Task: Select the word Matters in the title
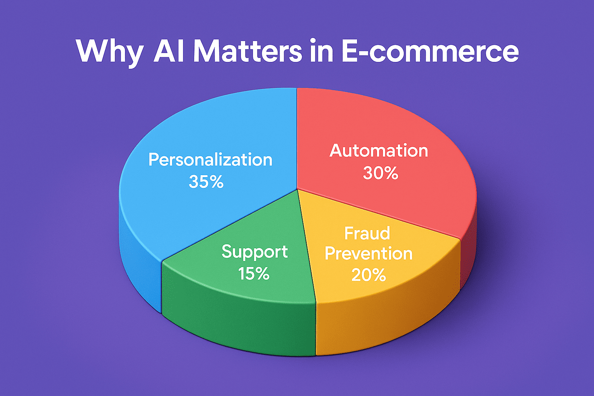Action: pos(247,51)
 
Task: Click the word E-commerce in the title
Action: pos(429,51)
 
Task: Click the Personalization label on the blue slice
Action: pos(210,160)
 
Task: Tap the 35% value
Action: pos(206,181)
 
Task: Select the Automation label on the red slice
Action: pos(379,150)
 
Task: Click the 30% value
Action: pos(380,173)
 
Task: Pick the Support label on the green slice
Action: pos(254,252)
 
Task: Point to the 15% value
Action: pos(254,274)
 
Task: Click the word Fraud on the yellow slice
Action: pos(367,233)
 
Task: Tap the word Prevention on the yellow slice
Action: pos(369,254)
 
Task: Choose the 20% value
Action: pos(369,275)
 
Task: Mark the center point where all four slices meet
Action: pos(297,189)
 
